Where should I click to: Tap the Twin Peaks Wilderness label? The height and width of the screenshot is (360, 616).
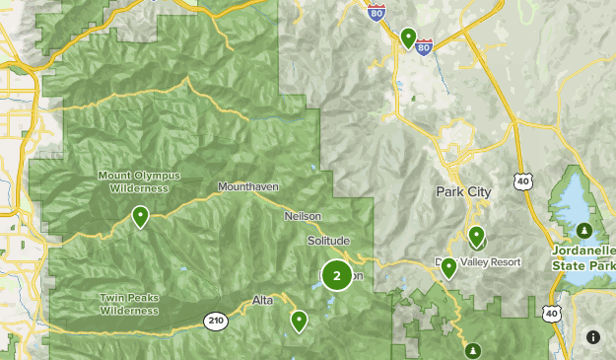click(x=128, y=304)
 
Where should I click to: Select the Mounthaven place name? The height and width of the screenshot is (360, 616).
click(x=247, y=186)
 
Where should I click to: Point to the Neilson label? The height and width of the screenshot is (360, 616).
click(x=303, y=216)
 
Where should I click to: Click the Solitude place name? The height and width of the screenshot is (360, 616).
click(x=328, y=241)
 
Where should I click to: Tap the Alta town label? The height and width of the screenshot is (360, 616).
click(x=262, y=300)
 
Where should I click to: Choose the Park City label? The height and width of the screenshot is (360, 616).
click(x=462, y=190)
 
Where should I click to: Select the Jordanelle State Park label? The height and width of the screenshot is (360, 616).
click(x=584, y=259)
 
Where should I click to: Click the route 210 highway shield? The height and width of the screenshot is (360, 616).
click(x=216, y=320)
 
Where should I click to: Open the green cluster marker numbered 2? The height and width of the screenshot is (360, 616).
click(x=336, y=275)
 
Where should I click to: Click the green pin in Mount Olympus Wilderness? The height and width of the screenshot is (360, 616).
click(x=141, y=215)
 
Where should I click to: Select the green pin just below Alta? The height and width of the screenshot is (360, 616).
click(x=298, y=320)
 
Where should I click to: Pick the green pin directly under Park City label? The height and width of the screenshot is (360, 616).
click(x=476, y=235)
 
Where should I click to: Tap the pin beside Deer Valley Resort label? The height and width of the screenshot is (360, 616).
click(x=448, y=266)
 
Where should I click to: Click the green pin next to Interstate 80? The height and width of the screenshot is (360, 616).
click(x=408, y=37)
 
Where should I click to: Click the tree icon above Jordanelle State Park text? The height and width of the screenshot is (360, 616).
click(x=584, y=231)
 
